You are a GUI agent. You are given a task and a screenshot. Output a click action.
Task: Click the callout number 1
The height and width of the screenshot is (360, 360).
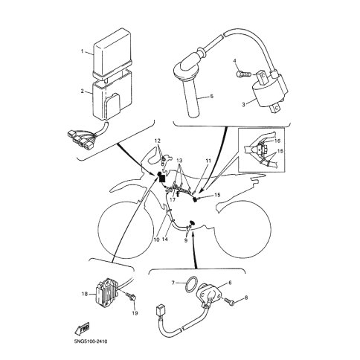click(x=82, y=51)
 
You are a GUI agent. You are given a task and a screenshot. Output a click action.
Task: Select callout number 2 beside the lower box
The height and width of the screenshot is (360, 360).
click(x=82, y=91)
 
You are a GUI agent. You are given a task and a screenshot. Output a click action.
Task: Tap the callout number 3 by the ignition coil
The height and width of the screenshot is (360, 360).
click(x=243, y=105)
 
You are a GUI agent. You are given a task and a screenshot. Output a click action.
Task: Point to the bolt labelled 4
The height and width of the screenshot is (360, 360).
click(x=243, y=74)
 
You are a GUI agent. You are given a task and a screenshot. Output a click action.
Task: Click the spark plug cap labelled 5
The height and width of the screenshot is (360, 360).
click(x=190, y=82)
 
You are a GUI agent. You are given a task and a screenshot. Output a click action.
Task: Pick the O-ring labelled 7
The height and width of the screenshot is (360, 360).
click(x=191, y=285)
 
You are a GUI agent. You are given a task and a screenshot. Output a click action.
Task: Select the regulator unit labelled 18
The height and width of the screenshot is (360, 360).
click(x=107, y=292)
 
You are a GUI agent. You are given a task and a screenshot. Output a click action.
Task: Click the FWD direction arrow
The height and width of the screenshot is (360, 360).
click(x=82, y=330)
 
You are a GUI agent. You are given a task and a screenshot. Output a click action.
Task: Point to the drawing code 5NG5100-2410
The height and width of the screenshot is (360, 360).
click(x=91, y=341)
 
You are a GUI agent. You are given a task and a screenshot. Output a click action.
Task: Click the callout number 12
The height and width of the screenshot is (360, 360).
click(x=158, y=141)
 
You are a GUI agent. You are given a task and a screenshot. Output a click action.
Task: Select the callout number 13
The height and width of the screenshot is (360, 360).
click(x=179, y=161)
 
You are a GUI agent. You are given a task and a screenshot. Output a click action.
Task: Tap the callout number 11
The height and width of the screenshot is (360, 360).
click(x=208, y=161)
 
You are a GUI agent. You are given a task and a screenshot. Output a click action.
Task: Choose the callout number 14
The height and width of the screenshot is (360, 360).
click(x=165, y=240)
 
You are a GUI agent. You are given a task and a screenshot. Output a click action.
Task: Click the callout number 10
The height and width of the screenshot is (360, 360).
click(x=156, y=240)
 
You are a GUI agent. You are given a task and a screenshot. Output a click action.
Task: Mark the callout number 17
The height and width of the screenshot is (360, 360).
click(x=173, y=199)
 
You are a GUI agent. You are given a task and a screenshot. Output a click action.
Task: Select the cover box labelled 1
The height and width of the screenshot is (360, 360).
click(x=112, y=53)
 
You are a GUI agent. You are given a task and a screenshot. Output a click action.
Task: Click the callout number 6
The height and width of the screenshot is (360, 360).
click(x=230, y=283)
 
